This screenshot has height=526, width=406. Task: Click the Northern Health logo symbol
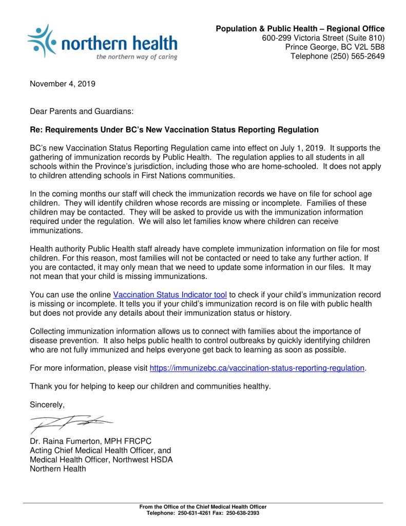click(x=43, y=40)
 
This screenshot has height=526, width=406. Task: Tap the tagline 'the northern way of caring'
click(x=137, y=57)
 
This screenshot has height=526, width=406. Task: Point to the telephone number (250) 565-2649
click(x=354, y=57)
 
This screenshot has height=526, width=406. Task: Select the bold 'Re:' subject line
click(x=175, y=130)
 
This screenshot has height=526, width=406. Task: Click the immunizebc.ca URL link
click(x=257, y=368)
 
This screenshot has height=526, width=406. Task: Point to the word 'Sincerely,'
click(x=47, y=405)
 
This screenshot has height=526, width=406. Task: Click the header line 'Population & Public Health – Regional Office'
click(x=300, y=29)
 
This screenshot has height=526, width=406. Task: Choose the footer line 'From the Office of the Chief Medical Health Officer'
click(x=203, y=507)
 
